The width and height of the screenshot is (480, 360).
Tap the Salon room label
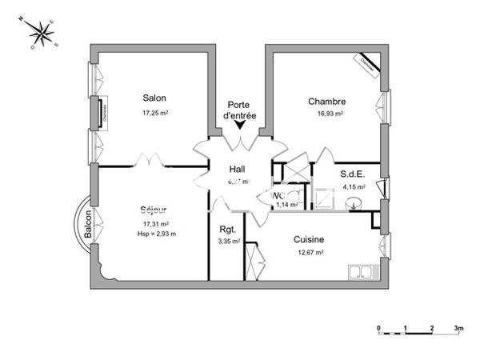click(154, 98)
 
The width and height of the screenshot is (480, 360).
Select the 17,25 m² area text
click(154, 113)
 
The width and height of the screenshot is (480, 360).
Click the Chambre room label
click(327, 102)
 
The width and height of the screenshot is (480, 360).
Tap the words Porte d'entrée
click(242, 110)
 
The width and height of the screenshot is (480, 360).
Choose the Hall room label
click(238, 169)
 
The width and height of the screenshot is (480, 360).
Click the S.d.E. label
click(353, 174)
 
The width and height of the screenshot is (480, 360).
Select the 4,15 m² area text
click(353, 187)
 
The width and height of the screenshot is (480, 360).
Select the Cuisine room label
click(308, 239)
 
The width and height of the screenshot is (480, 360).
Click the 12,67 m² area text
click(309, 253)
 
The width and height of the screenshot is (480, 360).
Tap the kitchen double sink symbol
click(362, 272)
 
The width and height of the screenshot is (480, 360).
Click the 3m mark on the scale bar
click(458, 328)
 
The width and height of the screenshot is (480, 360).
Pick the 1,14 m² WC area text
click(286, 205)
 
